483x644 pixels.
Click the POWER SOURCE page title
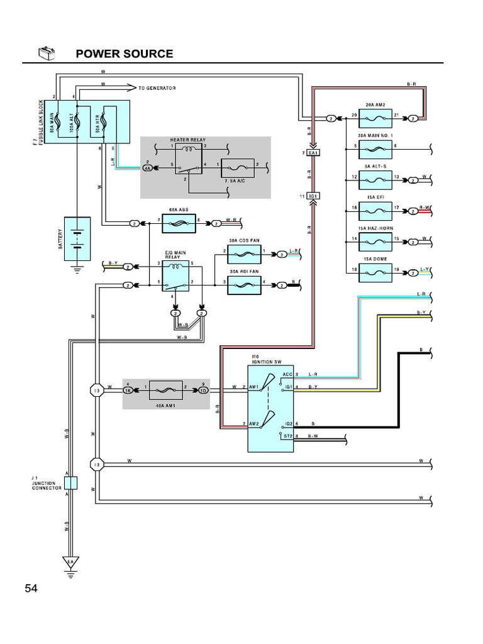tap(124, 53)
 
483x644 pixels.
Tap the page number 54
tap(31, 589)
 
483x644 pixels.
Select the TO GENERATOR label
tap(157, 88)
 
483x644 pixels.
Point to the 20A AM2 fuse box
tap(375, 118)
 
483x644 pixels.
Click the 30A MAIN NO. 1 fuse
tap(375, 149)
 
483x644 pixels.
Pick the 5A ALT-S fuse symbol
tap(375, 180)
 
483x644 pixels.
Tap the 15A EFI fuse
tap(375, 210)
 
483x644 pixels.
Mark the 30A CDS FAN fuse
tap(245, 254)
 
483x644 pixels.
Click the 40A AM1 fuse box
tap(165, 390)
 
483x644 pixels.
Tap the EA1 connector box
tap(313, 153)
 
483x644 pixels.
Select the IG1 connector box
tap(313, 196)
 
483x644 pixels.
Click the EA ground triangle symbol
tap(70, 562)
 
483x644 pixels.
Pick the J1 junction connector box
tap(70, 483)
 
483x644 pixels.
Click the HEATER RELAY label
tap(187, 140)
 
